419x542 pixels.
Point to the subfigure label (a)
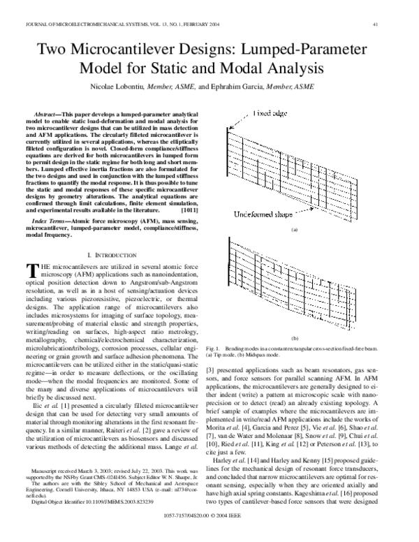(294, 229)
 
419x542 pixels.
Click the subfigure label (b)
(294, 337)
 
